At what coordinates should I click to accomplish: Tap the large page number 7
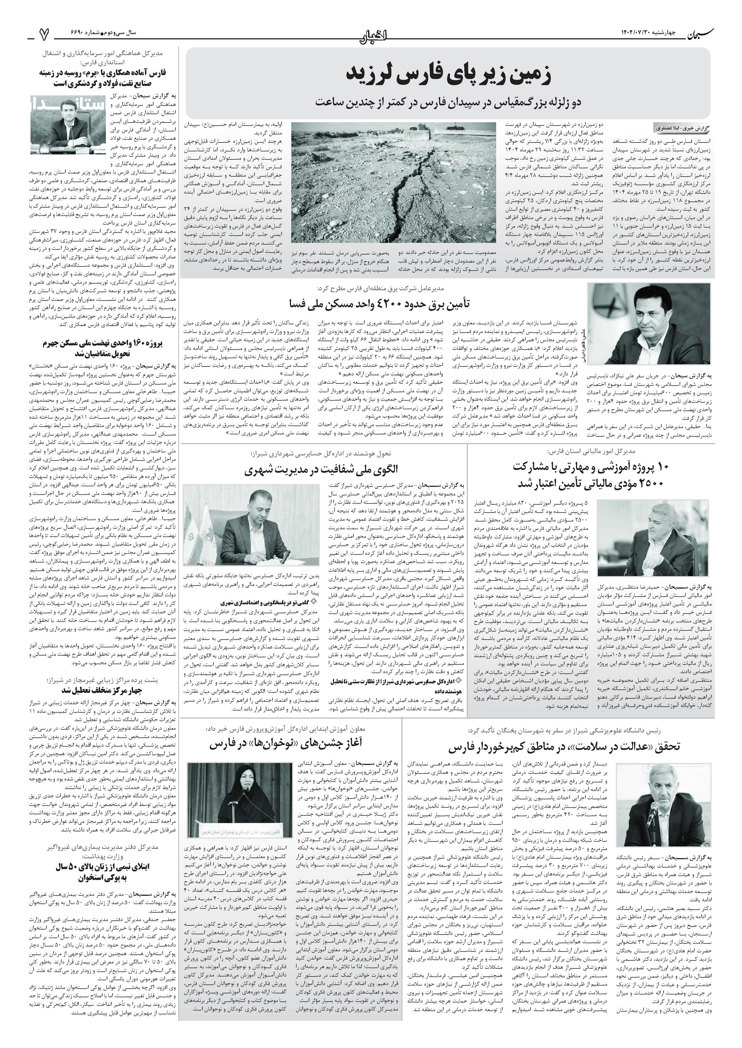(44, 33)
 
